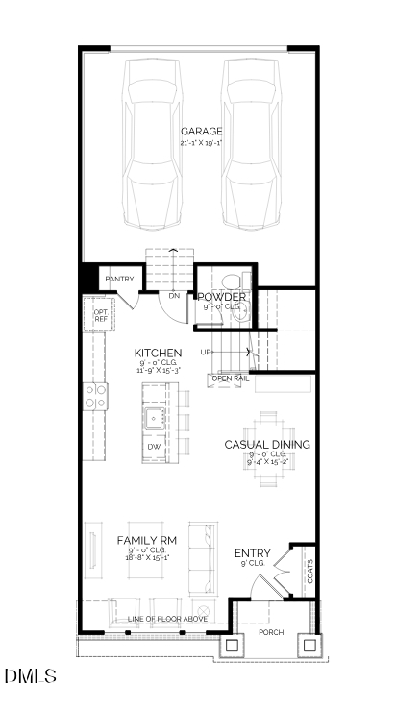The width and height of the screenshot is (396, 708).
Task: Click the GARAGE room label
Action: point(201,131)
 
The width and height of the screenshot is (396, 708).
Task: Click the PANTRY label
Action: point(119,280)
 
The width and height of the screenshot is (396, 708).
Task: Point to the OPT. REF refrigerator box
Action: point(100,314)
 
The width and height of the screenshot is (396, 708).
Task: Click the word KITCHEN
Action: point(159,353)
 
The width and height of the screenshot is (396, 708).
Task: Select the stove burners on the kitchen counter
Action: point(95,397)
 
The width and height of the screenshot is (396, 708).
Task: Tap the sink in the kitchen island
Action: point(154,419)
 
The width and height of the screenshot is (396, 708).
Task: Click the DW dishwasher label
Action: point(154,448)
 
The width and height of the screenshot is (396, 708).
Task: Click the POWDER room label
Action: point(222,297)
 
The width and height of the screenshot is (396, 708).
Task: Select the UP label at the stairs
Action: point(205,353)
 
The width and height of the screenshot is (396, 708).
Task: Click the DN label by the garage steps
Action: point(174,296)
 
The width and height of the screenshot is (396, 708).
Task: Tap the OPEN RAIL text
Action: point(230,378)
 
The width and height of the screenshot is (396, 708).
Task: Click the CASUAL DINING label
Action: point(267,444)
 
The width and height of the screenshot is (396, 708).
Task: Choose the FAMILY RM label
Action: point(147,540)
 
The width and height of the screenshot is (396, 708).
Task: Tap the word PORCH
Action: point(271,632)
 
